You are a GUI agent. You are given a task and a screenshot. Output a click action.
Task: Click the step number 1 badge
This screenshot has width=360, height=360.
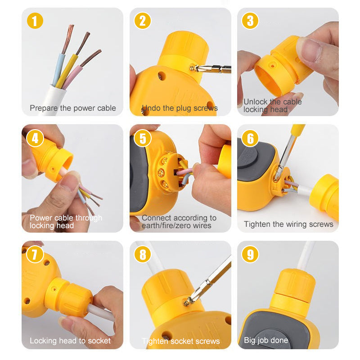(x=35, y=21)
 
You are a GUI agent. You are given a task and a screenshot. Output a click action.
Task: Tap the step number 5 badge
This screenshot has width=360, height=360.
(x=143, y=138)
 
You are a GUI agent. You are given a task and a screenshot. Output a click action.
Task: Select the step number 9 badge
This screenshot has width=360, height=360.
(x=250, y=255)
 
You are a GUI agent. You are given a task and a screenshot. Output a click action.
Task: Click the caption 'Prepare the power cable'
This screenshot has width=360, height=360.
(x=72, y=108)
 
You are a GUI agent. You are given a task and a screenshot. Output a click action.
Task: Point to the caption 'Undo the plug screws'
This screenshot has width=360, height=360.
(x=180, y=108)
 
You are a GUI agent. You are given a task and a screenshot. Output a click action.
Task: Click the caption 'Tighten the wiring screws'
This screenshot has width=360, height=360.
(x=288, y=224)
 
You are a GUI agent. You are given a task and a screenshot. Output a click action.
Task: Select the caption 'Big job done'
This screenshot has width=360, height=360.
(x=265, y=340)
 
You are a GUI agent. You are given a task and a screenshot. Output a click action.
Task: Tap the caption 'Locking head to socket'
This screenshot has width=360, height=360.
(x=70, y=341)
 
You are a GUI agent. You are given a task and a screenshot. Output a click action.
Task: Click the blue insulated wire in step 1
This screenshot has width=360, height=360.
(x=58, y=70)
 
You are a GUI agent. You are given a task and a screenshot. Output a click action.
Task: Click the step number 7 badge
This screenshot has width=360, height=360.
(x=35, y=255)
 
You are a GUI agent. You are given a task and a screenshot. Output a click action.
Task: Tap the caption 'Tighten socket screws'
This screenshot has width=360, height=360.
(x=180, y=341)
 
